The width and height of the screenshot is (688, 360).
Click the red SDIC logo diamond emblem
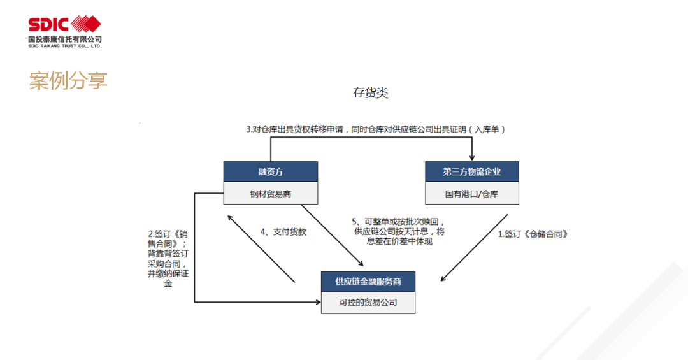[86, 24]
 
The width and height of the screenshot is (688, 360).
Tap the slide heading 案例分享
[68, 81]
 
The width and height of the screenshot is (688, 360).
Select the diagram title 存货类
[370, 92]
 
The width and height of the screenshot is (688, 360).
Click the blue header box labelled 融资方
[271, 171]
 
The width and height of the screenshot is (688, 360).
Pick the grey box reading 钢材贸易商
[271, 193]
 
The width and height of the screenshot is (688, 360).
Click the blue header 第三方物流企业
[472, 171]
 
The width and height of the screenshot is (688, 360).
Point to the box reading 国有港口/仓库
[472, 193]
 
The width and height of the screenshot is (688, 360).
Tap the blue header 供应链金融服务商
[368, 282]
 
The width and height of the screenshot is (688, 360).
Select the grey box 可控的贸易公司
[368, 303]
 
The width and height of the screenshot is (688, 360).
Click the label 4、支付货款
[283, 232]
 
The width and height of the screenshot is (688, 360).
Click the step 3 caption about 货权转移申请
[376, 129]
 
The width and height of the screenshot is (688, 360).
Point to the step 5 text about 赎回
[399, 231]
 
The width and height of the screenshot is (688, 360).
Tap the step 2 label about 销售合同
[168, 259]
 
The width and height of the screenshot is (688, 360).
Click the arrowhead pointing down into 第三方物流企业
[472, 158]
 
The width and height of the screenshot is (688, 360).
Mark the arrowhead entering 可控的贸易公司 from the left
[318, 302]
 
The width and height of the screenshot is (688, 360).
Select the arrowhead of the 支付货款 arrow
[231, 218]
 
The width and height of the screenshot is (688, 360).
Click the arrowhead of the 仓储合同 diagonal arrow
[444, 278]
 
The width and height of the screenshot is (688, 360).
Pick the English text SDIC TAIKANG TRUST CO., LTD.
[65, 46]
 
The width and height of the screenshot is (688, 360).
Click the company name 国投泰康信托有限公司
[65, 39]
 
